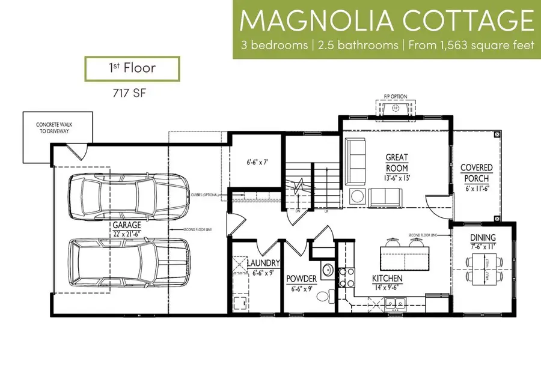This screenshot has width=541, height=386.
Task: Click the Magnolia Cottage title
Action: click(x=387, y=21)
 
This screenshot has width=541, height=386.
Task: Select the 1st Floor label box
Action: click(x=132, y=68)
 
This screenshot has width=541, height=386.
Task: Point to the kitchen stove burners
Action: click(x=347, y=278)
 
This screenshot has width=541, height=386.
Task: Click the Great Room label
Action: click(x=397, y=162)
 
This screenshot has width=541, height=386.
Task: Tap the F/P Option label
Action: click(x=396, y=97)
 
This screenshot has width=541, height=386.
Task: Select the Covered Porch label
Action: click(x=476, y=173)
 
